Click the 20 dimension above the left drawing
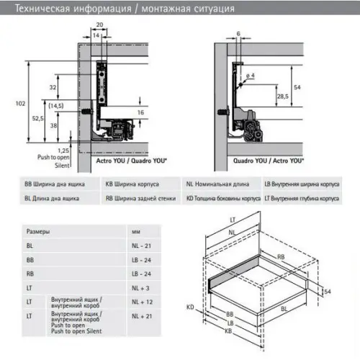pos(99,24)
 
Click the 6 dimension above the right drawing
pos(238,34)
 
